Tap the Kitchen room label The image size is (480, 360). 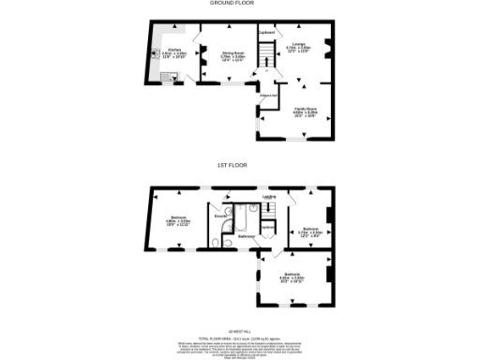(173, 52)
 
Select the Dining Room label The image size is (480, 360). (232, 54)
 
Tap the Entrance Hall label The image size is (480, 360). (267, 96)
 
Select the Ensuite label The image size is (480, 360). (220, 216)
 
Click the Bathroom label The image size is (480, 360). (246, 236)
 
